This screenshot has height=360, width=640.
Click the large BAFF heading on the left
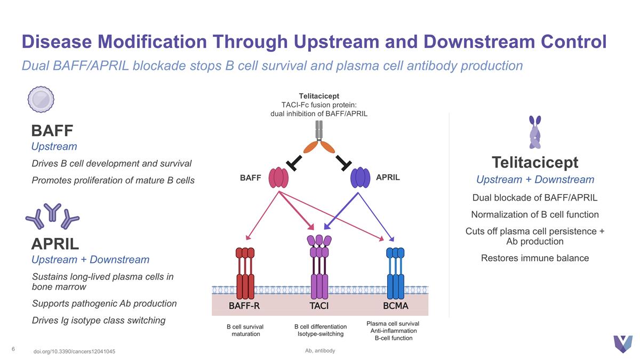point(52,130)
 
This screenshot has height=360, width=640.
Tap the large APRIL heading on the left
point(55,244)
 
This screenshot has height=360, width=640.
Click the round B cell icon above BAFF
point(41,99)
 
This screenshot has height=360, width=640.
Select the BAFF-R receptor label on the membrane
point(244,306)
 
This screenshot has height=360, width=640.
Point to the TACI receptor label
point(319,306)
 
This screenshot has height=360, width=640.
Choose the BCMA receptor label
point(396,306)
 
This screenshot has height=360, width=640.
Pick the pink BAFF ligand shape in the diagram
point(278,177)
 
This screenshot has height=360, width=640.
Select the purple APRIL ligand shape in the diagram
point(359,177)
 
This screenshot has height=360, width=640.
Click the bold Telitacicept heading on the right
point(535,162)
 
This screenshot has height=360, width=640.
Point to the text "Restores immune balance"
point(535,258)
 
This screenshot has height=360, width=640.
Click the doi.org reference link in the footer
point(74,351)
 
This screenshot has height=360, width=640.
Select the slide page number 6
point(13,349)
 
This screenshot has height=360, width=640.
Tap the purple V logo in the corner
point(622,344)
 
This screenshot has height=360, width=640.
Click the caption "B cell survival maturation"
point(245,330)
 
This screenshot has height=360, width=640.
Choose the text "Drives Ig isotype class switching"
point(99,321)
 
